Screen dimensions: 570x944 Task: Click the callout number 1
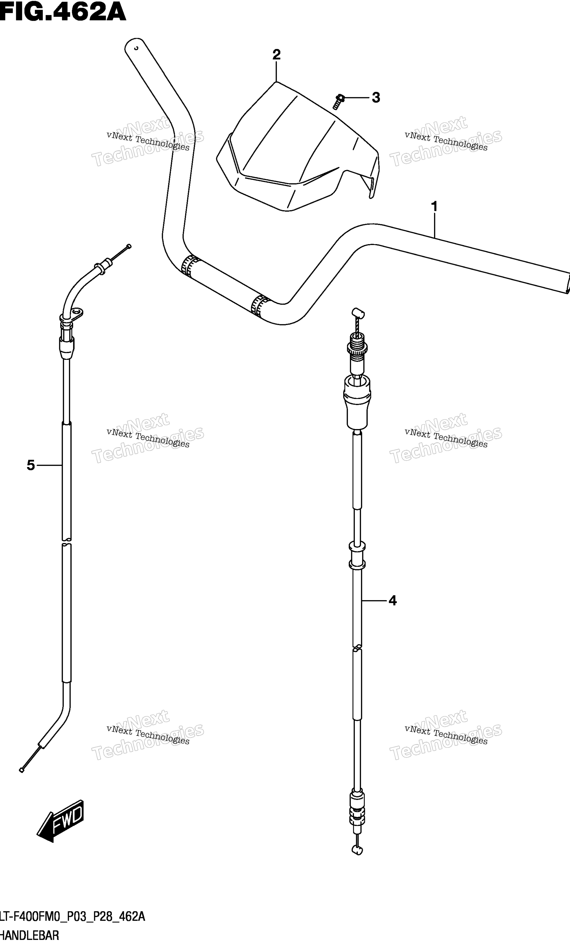pos(434,207)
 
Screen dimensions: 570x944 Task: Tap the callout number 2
pos(276,55)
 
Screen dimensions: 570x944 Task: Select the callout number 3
pos(376,98)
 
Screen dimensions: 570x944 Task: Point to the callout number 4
pos(392,601)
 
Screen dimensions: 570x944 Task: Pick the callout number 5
pos(31,465)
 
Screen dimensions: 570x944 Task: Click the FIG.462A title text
pos(63,12)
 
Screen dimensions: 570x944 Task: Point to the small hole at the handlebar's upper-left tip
pos(136,48)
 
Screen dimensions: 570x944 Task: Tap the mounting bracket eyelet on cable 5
pos(78,313)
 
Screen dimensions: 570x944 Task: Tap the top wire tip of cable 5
pos(129,246)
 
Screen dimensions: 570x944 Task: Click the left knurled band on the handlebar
pos(191,265)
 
